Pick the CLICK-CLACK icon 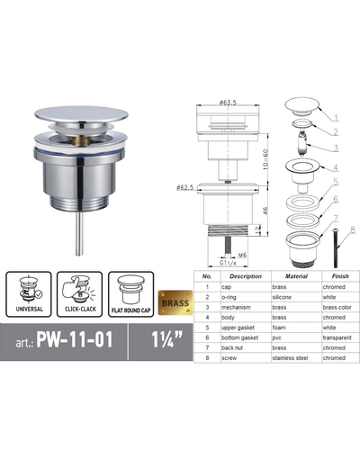[x=79, y=294]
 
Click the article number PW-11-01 [x=76, y=341]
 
